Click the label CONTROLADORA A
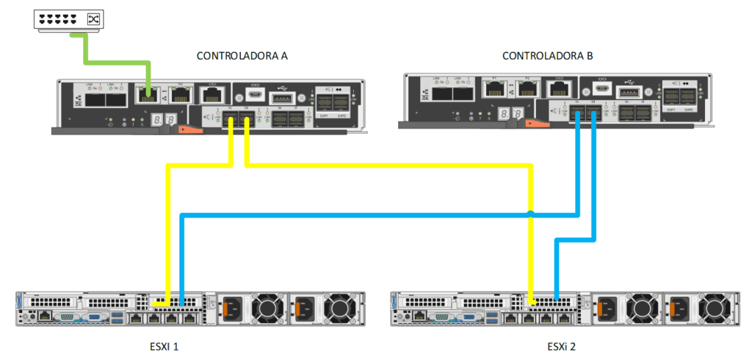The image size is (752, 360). [242, 57]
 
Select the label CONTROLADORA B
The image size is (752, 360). [547, 57]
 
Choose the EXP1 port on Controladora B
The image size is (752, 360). [671, 96]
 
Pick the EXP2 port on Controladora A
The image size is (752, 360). [341, 103]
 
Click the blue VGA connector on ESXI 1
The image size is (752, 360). [93, 318]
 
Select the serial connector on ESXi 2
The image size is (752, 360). [442, 317]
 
